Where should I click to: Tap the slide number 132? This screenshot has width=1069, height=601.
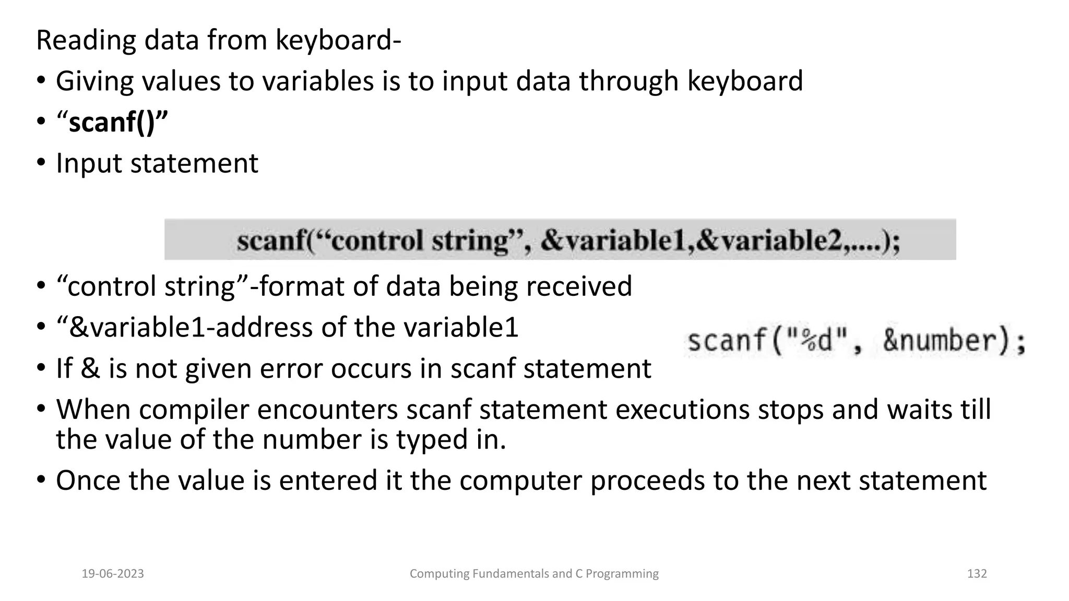pyautogui.click(x=977, y=574)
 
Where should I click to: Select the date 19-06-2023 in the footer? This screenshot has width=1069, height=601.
pyautogui.click(x=113, y=574)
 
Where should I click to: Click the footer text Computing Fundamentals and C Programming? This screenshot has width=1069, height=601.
pyautogui.click(x=534, y=574)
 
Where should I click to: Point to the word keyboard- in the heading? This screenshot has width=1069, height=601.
pyautogui.click(x=338, y=41)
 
